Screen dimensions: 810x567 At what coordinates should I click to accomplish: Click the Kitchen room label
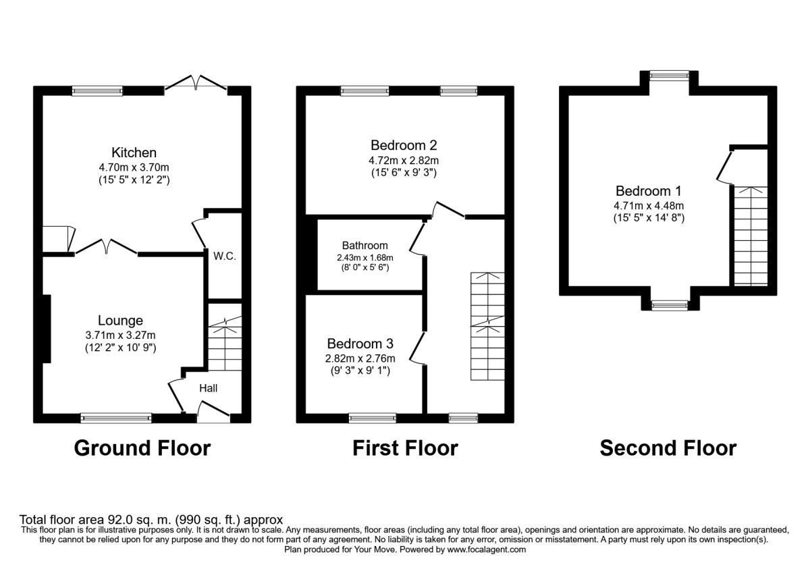(x=134, y=153)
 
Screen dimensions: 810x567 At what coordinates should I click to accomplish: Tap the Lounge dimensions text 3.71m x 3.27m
(x=120, y=335)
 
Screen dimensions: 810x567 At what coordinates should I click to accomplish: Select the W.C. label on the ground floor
(x=225, y=256)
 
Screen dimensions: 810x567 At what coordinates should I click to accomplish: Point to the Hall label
(x=209, y=388)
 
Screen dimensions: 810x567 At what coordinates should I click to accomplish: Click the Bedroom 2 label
(x=404, y=145)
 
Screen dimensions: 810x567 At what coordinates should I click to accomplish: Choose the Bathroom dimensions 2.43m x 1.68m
(x=365, y=258)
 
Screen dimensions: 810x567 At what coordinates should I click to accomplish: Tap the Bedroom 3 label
(x=360, y=344)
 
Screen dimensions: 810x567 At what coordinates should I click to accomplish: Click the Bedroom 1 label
(x=649, y=191)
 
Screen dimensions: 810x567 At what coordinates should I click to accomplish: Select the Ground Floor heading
(x=142, y=448)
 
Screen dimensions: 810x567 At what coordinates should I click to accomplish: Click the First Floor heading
(x=405, y=448)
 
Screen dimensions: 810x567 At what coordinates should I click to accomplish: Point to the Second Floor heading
(x=668, y=448)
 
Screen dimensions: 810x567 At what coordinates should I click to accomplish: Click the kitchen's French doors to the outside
(x=196, y=82)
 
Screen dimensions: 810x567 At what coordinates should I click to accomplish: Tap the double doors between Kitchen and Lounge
(x=107, y=246)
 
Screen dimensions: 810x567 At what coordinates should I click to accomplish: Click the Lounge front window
(x=116, y=418)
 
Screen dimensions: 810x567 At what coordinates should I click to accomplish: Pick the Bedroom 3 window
(x=373, y=418)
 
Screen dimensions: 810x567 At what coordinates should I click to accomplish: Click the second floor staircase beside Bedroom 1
(x=751, y=236)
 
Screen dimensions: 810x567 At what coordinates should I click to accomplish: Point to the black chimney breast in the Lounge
(x=47, y=329)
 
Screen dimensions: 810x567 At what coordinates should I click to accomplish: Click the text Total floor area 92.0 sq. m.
(x=94, y=520)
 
